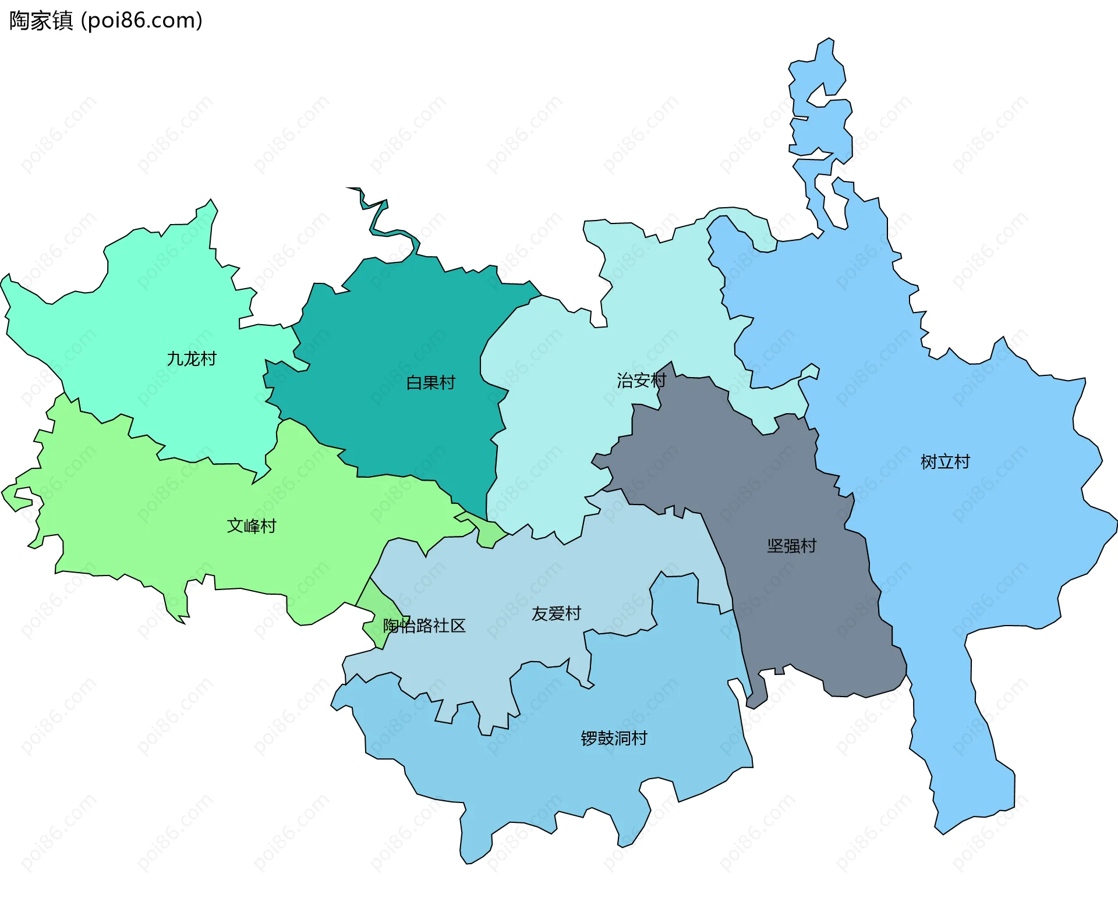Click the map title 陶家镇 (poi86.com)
coord(105,20)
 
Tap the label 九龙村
coord(192,358)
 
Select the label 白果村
coord(430,382)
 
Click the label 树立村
coord(945,461)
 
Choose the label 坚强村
coord(791,545)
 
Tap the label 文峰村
coord(251,525)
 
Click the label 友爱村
coord(556,613)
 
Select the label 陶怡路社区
coord(424,626)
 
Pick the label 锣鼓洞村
coord(614,738)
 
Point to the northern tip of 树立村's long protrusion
coord(828,42)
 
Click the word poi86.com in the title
coord(141,20)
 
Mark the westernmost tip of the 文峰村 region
coord(3,492)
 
